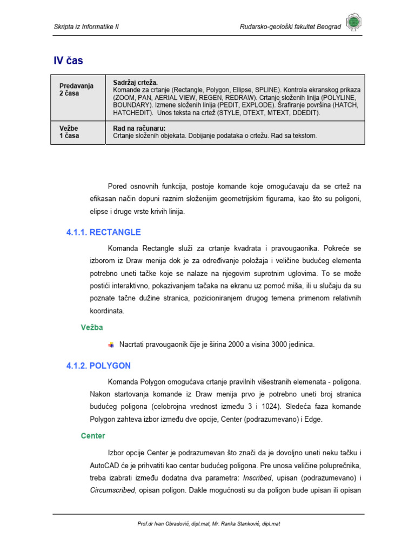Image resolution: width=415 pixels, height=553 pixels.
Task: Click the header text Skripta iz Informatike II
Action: coord(86,27)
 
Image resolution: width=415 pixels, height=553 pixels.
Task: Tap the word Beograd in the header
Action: coord(330,27)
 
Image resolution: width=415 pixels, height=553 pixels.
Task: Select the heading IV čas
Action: coord(68,60)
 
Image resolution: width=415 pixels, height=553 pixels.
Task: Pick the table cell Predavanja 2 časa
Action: coord(76,89)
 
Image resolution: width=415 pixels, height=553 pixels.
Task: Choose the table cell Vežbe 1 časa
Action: coord(69,132)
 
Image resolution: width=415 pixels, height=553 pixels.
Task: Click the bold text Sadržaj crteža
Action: coord(135,82)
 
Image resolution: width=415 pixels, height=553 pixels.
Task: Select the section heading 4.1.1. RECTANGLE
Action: coord(103,232)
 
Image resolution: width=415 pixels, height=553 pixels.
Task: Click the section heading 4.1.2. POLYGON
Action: coord(98,366)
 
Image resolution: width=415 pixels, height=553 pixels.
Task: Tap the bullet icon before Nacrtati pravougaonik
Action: coord(111,345)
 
